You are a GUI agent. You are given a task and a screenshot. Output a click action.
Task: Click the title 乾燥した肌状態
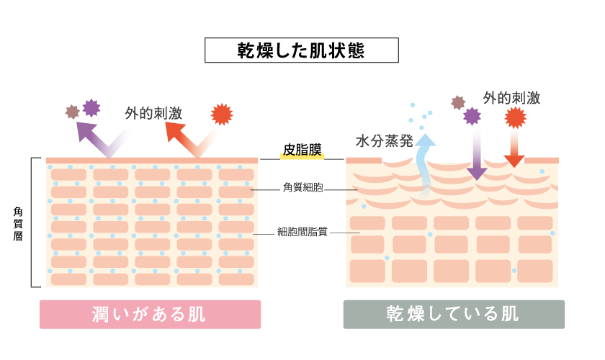pos(301,51)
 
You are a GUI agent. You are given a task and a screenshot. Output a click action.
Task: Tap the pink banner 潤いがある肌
pos(150,315)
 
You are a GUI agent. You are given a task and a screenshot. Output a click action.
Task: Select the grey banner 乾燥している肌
pos(453,315)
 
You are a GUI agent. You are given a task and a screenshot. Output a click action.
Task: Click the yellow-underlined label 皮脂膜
pos(302,150)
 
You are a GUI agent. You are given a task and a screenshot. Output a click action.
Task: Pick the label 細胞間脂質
pos(302,232)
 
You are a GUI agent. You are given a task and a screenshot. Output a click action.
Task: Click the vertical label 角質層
pos(18,223)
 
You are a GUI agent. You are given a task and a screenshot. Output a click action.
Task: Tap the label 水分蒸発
pos(384,141)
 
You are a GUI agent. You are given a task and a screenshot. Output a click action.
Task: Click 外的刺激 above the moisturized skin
pos(153,113)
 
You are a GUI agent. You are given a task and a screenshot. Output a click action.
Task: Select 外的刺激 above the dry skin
pos(511,98)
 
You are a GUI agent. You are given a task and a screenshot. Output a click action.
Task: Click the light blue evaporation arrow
pos(426,162)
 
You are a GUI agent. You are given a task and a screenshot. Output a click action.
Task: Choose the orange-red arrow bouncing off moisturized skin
pos(184,137)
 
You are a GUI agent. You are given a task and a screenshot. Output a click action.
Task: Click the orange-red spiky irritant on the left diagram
pos(222,114)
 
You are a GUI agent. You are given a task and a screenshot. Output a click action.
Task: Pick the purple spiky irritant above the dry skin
pos(472,115)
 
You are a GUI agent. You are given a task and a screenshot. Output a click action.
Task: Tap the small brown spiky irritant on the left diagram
pos(72,112)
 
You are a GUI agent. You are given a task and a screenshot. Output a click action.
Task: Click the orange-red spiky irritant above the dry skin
pos(515,117)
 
